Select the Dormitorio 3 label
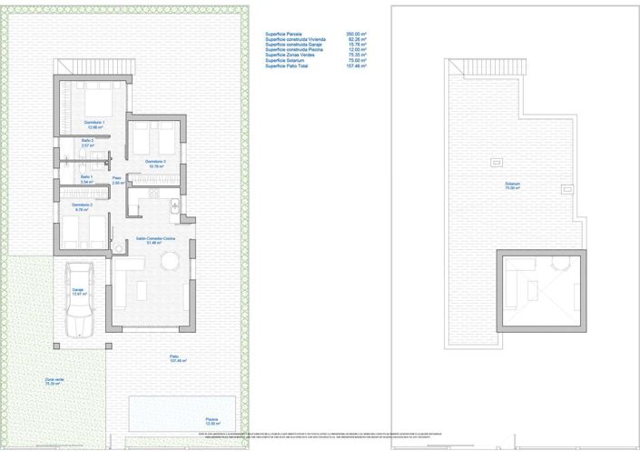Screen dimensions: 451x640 (154, 162)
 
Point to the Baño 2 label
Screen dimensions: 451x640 (88, 141)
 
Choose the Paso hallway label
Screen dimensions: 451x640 (117, 179)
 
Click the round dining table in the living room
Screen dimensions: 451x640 (171, 262)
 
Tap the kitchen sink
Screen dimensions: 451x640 (175, 207)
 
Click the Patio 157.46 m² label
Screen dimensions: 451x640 (178, 358)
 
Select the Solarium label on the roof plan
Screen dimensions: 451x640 (513, 186)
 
